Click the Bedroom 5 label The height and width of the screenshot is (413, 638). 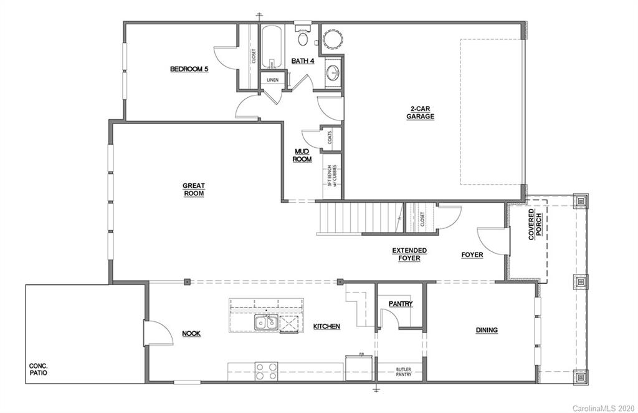click(189, 69)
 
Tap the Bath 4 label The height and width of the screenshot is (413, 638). click(303, 61)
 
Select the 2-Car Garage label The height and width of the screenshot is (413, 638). click(420, 112)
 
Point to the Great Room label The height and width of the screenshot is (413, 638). click(194, 189)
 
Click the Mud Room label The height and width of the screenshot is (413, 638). click(303, 155)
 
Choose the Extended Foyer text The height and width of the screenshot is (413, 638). click(409, 255)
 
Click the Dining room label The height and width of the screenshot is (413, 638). click(487, 330)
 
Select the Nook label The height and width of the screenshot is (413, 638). click(191, 334)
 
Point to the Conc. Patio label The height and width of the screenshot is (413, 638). click(39, 369)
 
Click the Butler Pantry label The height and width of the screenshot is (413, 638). click(404, 372)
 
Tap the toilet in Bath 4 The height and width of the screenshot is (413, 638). click(303, 39)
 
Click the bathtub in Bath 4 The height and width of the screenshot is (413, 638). click(271, 49)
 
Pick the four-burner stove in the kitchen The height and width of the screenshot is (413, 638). click(267, 371)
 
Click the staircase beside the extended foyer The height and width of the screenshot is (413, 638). click(358, 218)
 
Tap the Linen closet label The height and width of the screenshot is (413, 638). click(272, 80)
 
